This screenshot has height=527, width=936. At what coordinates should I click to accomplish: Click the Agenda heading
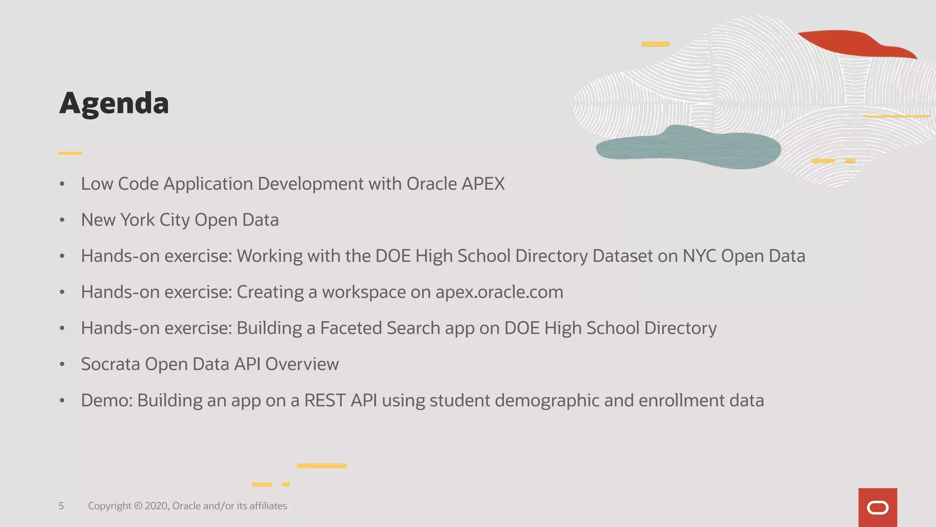click(x=114, y=103)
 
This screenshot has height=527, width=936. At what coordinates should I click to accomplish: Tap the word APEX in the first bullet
click(x=483, y=184)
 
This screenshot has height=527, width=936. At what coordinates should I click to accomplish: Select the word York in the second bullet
click(x=138, y=220)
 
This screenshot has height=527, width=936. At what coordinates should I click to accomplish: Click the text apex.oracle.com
click(x=499, y=292)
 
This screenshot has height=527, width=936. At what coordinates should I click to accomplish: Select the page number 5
click(x=61, y=506)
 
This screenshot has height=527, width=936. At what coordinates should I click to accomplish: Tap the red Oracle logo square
click(x=877, y=507)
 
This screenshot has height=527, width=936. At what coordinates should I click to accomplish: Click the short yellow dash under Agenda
click(x=70, y=153)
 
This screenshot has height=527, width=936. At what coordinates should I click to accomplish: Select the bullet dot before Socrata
click(x=62, y=365)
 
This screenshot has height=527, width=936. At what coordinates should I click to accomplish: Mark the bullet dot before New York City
click(x=62, y=220)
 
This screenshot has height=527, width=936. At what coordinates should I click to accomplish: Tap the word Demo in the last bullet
click(x=106, y=401)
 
